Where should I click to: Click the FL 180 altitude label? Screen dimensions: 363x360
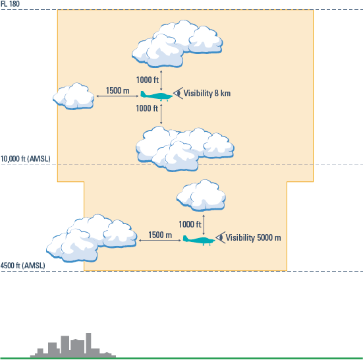click(10, 4)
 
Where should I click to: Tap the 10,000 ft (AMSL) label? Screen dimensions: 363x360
click(26, 159)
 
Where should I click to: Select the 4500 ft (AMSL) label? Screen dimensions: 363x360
click(23, 266)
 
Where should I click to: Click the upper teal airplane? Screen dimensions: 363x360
click(157, 96)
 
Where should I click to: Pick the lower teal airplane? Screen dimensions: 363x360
click(199, 240)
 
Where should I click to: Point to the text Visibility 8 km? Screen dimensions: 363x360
click(207, 94)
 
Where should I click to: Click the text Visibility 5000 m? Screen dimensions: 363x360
click(253, 237)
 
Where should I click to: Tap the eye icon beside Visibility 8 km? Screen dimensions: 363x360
click(179, 93)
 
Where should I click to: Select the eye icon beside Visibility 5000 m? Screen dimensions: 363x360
click(221, 237)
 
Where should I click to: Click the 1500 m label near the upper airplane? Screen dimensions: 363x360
click(118, 90)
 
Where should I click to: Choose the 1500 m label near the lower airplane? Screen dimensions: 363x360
click(160, 235)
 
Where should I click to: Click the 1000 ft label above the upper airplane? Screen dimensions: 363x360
click(147, 80)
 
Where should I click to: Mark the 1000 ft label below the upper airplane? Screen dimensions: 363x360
click(147, 108)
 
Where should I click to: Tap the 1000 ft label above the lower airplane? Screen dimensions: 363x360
click(190, 224)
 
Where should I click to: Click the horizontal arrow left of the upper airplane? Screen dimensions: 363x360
click(117, 96)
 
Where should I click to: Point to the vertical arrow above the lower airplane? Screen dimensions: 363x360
click(204, 225)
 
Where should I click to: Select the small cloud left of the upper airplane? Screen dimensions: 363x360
click(74, 96)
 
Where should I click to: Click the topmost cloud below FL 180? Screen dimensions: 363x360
click(177, 44)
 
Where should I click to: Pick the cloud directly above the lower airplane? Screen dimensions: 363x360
click(201, 195)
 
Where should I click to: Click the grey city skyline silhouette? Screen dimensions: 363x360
click(73, 345)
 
